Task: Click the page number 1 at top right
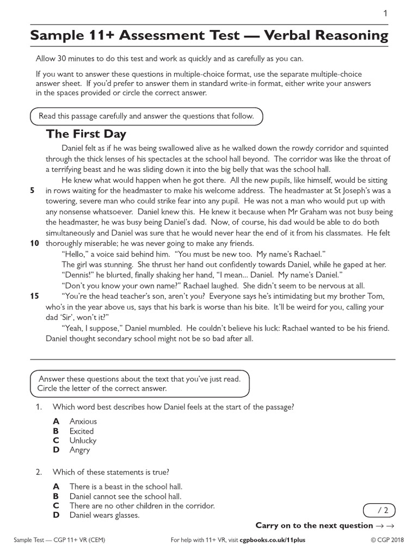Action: [x=385, y=14]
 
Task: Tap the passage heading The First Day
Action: [x=86, y=134]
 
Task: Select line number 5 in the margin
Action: [x=33, y=190]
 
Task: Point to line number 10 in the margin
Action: [x=34, y=243]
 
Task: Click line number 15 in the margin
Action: [x=34, y=296]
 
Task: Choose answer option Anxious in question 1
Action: [x=83, y=421]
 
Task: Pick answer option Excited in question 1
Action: [x=82, y=431]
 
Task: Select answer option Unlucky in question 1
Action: [x=83, y=441]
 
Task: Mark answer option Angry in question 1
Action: [x=79, y=450]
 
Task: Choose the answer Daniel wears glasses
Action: [x=104, y=515]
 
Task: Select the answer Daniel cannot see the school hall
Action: [x=125, y=496]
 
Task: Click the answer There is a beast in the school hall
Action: [x=126, y=486]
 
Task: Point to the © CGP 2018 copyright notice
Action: [x=389, y=541]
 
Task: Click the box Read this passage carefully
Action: [x=146, y=116]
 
